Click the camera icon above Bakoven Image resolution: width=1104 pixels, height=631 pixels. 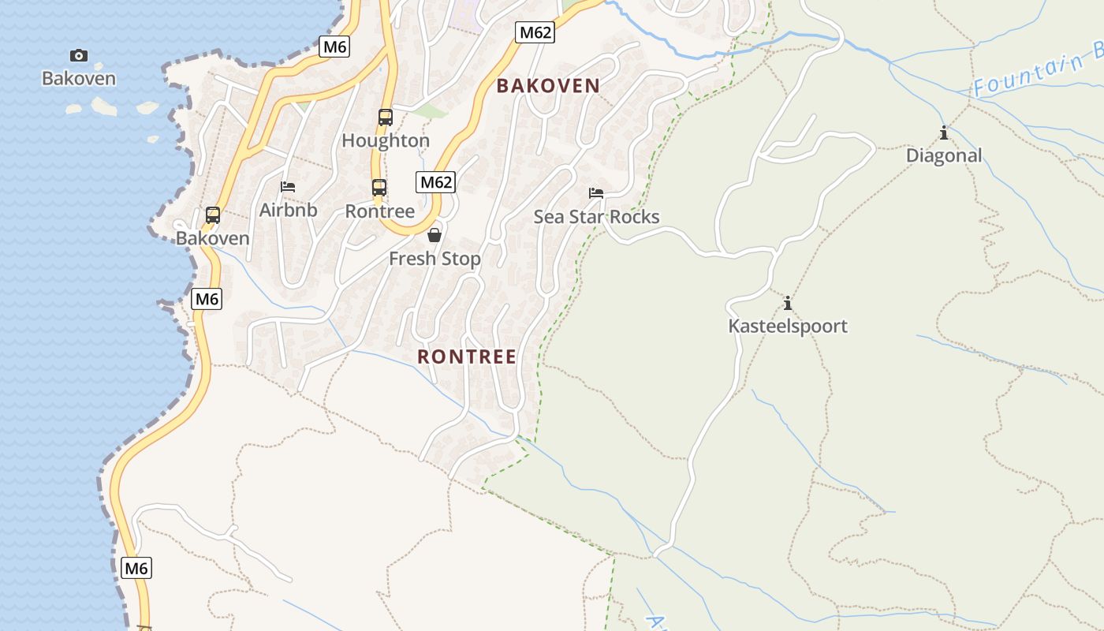[x=79, y=55]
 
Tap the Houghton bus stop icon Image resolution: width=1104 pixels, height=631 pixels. [x=385, y=118]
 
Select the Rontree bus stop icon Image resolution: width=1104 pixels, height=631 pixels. [x=379, y=188]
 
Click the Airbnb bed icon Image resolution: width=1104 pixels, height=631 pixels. [x=288, y=187]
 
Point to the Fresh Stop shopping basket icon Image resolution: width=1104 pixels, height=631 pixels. [x=434, y=235]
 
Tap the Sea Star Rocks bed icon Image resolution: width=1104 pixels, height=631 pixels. [x=596, y=193]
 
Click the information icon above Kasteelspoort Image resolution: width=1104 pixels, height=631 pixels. [x=787, y=303]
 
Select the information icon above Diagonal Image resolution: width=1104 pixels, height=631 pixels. [x=943, y=133]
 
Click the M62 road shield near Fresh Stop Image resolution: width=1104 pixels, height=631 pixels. [x=435, y=182]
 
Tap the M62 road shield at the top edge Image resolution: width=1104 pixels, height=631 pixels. [x=535, y=32]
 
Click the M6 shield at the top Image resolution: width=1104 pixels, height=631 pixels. [x=334, y=47]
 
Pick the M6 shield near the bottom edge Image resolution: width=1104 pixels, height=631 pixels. [x=136, y=568]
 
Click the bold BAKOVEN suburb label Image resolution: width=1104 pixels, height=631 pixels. [x=548, y=86]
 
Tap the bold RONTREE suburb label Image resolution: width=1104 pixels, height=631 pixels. [x=467, y=357]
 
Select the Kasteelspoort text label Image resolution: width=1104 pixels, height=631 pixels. [x=787, y=326]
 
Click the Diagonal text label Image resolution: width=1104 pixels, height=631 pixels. [x=943, y=155]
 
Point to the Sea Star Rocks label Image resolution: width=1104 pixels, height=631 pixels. [x=596, y=217]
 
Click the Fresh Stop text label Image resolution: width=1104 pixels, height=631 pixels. [x=435, y=259]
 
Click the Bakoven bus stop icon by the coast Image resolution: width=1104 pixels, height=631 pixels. [x=212, y=215]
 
